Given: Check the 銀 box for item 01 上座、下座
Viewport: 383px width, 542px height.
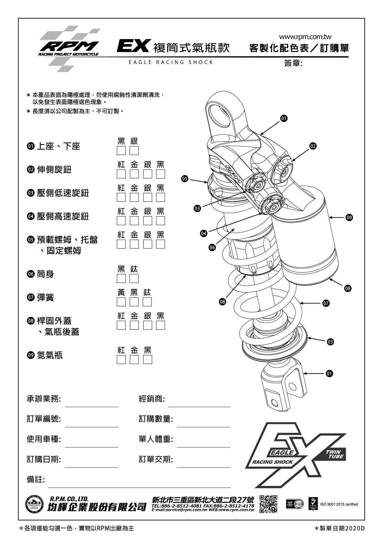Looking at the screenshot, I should (134, 150).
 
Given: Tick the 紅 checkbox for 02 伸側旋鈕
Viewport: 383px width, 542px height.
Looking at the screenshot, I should (121, 174).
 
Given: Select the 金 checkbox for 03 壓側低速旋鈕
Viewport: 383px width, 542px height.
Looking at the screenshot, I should (134, 197).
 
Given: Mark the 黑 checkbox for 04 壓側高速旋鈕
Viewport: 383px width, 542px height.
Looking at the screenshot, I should (160, 221).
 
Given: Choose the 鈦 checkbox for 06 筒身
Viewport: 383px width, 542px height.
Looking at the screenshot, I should (134, 278).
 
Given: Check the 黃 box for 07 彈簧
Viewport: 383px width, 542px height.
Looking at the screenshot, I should (121, 302).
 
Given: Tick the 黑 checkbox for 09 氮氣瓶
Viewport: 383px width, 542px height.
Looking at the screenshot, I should (147, 359).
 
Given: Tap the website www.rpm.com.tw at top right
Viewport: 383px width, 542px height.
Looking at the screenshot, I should (305, 37).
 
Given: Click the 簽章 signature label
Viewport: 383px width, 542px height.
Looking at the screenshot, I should (293, 63).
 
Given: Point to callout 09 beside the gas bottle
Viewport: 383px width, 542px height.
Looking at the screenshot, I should (349, 217).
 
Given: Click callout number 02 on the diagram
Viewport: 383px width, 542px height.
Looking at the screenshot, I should (313, 146).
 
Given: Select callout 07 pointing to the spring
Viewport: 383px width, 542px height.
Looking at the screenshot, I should (326, 303).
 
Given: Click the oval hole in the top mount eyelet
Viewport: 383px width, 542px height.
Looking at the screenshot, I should (220, 115).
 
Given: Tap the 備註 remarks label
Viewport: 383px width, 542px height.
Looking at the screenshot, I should (35, 479).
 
